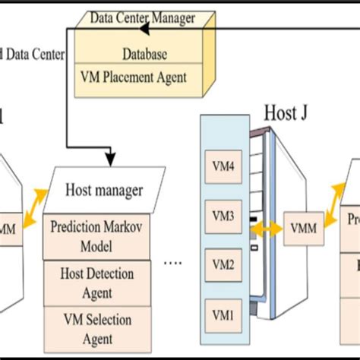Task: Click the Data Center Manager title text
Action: tap(142, 16)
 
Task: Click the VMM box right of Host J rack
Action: tap(303, 227)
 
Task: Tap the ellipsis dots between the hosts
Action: tap(173, 264)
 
